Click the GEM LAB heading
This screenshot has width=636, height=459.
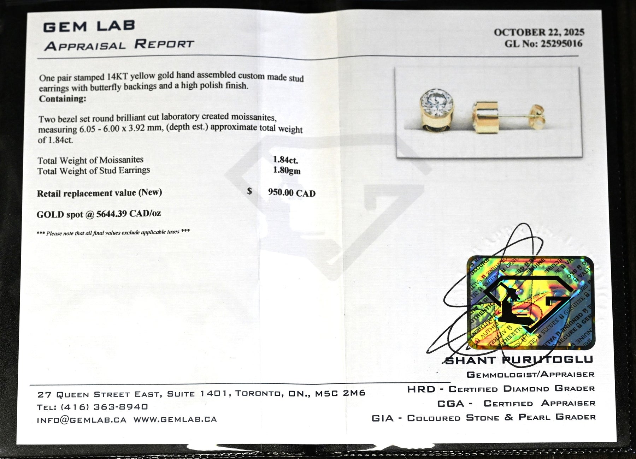89,26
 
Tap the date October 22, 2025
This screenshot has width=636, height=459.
539,32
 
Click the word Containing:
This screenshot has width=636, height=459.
63,99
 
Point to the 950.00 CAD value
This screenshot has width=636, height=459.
291,193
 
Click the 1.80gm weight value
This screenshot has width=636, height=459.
287,171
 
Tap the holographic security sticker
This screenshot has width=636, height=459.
531,303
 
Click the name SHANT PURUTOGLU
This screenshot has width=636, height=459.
519,360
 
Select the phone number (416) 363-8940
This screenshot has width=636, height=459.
104,407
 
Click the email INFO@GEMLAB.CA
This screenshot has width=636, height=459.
81,420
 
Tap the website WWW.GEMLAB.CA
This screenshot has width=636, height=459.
175,419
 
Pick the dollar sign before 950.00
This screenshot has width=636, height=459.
249,191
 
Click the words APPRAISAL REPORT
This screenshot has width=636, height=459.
119,45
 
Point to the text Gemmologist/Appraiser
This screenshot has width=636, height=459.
530,374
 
